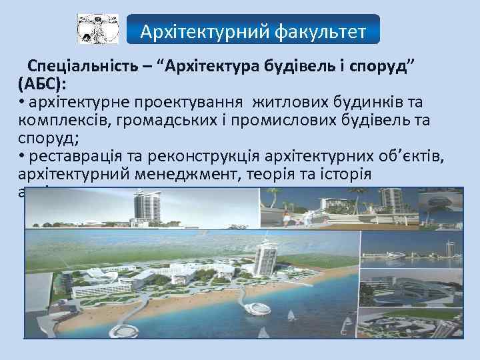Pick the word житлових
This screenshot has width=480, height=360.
coord(291,103)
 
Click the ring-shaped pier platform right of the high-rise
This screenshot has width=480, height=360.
coord(258,307)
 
